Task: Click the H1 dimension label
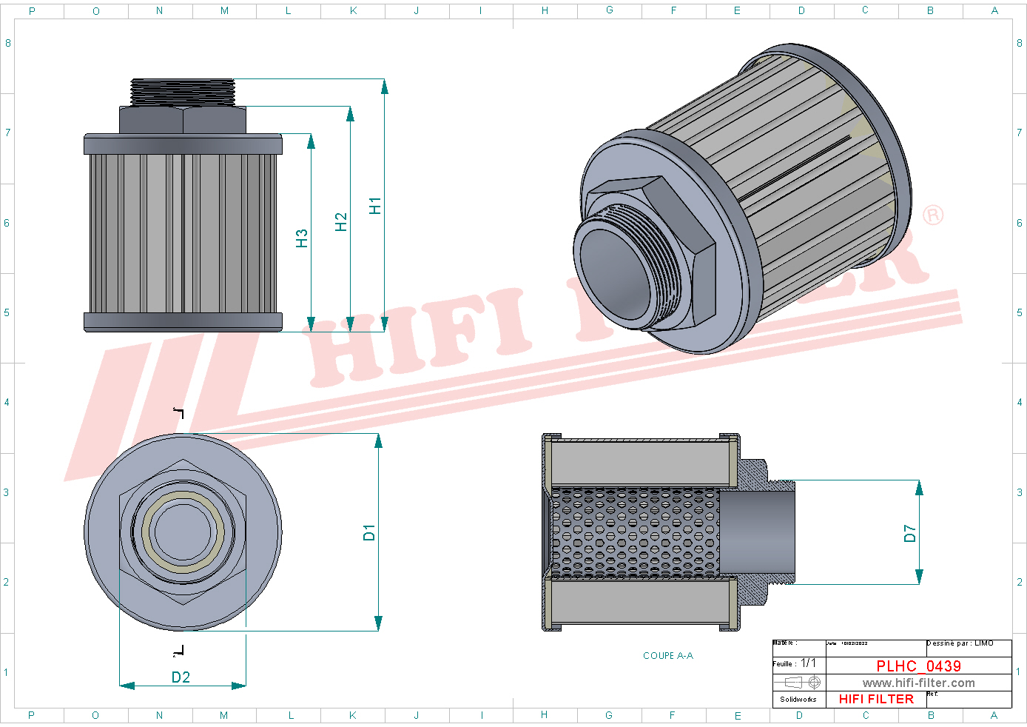point(375,206)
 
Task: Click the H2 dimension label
point(340,222)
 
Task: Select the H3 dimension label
point(301,238)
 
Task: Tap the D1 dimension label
point(369,532)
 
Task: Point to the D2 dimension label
point(181,677)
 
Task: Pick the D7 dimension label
point(909,533)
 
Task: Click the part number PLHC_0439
point(918,666)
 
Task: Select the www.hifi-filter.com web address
point(918,683)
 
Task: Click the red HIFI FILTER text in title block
point(876,699)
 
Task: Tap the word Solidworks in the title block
point(798,699)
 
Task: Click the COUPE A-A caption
point(667,656)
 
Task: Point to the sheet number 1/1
point(809,663)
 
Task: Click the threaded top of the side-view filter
point(183,92)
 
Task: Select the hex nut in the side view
point(183,120)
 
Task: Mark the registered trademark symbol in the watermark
point(933,215)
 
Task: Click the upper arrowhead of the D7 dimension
point(919,487)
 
